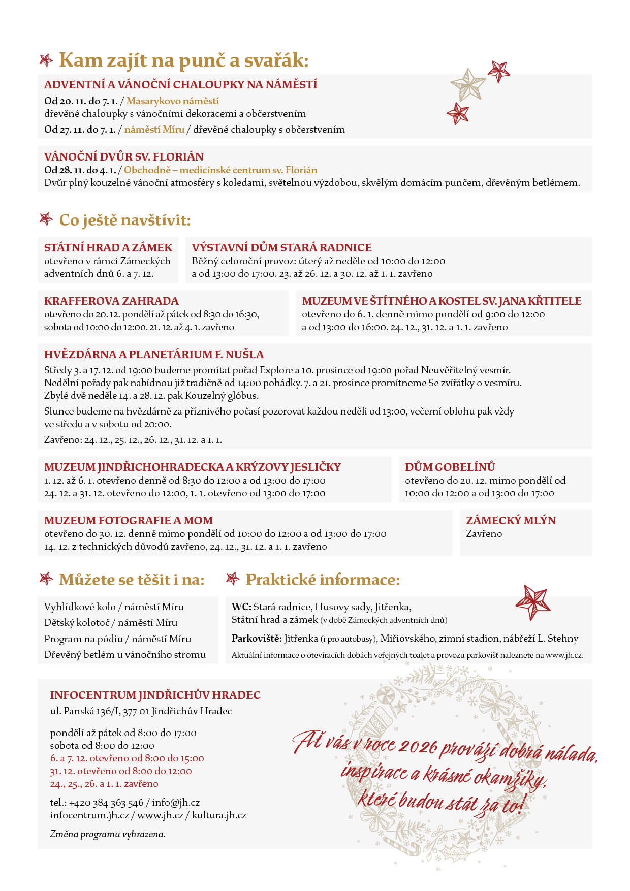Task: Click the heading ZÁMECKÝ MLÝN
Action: click(511, 520)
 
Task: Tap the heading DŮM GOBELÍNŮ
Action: click(450, 467)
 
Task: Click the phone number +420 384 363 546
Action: click(106, 802)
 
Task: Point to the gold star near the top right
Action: click(468, 84)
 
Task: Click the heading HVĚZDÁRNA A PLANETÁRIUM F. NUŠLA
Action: click(153, 354)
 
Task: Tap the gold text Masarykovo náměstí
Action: click(172, 101)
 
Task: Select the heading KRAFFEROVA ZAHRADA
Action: click(111, 301)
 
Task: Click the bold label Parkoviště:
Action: click(256, 638)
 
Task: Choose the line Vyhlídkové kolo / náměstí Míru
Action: click(114, 607)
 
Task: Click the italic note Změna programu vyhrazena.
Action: click(107, 834)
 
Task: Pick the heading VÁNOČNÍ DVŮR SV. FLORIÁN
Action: click(123, 156)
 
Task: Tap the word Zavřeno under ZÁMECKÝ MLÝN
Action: click(484, 533)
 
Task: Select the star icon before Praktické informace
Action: click(233, 579)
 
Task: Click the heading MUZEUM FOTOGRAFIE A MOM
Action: click(128, 520)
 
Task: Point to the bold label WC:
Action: click(241, 607)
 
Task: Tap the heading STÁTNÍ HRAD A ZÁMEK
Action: click(108, 247)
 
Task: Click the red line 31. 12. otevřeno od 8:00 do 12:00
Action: click(121, 771)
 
